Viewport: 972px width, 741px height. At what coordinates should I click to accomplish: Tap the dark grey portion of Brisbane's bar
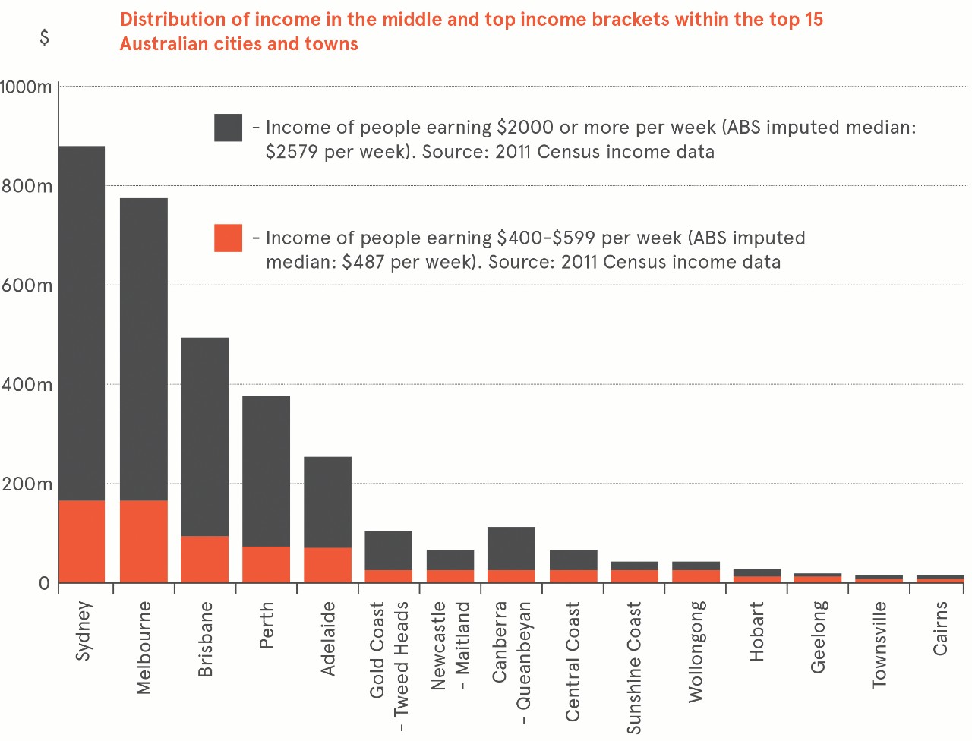click(x=204, y=437)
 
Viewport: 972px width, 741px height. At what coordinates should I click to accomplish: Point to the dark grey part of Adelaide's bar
click(x=327, y=502)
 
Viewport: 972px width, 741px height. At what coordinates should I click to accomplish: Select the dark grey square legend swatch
click(x=228, y=128)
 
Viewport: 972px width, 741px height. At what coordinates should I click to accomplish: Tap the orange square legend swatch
click(x=228, y=238)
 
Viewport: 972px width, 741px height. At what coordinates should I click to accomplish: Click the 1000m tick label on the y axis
click(x=26, y=87)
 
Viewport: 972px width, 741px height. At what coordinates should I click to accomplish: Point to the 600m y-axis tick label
click(x=27, y=285)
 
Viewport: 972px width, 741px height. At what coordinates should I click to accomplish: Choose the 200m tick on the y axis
click(x=27, y=484)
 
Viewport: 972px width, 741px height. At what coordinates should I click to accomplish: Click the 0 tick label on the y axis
click(x=44, y=583)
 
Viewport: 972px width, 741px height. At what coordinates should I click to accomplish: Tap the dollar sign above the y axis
click(x=44, y=36)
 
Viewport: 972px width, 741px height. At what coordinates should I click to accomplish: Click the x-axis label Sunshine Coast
click(x=634, y=667)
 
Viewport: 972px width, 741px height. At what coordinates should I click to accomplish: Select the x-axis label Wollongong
click(x=696, y=651)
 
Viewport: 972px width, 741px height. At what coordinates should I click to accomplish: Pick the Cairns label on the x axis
click(x=940, y=628)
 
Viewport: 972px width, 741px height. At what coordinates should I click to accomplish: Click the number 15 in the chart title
click(x=813, y=19)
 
